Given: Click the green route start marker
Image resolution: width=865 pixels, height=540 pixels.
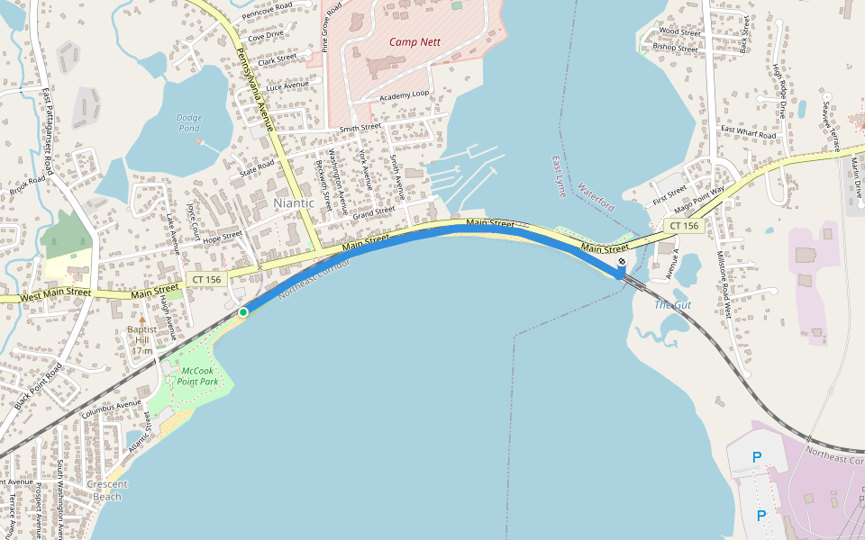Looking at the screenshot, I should pos(243,312).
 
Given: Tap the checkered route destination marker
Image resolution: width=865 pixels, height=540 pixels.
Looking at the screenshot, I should pos(621,263).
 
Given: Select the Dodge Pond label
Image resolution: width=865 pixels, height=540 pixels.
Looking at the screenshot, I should pos(189,122).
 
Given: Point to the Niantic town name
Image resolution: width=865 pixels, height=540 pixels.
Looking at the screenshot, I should pos(295,203).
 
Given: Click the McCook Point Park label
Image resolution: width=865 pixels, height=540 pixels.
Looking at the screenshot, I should pos(199,376).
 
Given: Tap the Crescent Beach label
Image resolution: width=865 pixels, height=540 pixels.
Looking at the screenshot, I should pos(107,490).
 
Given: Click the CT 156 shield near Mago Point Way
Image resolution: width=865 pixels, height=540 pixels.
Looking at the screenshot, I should pos(683,225).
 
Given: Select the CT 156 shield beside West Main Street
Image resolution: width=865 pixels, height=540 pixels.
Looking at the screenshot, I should pos(206,280).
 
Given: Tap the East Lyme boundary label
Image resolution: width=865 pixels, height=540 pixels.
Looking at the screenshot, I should pos(560,176).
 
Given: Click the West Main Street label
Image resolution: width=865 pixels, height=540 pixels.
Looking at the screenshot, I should pos(56,292).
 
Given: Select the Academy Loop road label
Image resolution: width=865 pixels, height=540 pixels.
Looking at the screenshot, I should pos(405,94).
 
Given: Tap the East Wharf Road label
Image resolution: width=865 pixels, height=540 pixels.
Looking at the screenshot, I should pos(748,133).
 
